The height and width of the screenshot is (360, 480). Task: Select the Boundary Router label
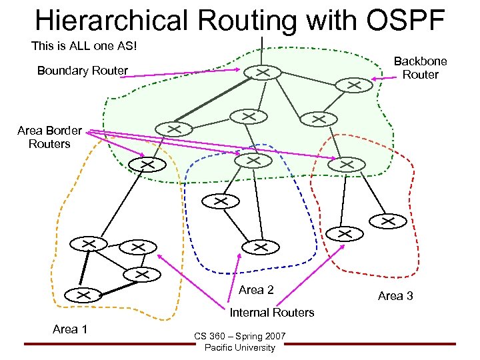82,71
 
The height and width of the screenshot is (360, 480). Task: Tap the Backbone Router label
420,68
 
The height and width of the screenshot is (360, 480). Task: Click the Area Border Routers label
49,137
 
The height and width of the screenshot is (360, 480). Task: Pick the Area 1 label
70,328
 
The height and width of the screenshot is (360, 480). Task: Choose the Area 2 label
256,289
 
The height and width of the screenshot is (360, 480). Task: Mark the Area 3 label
395,295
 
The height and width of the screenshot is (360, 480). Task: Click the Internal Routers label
272,313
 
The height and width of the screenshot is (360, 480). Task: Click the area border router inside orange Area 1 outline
147,164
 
